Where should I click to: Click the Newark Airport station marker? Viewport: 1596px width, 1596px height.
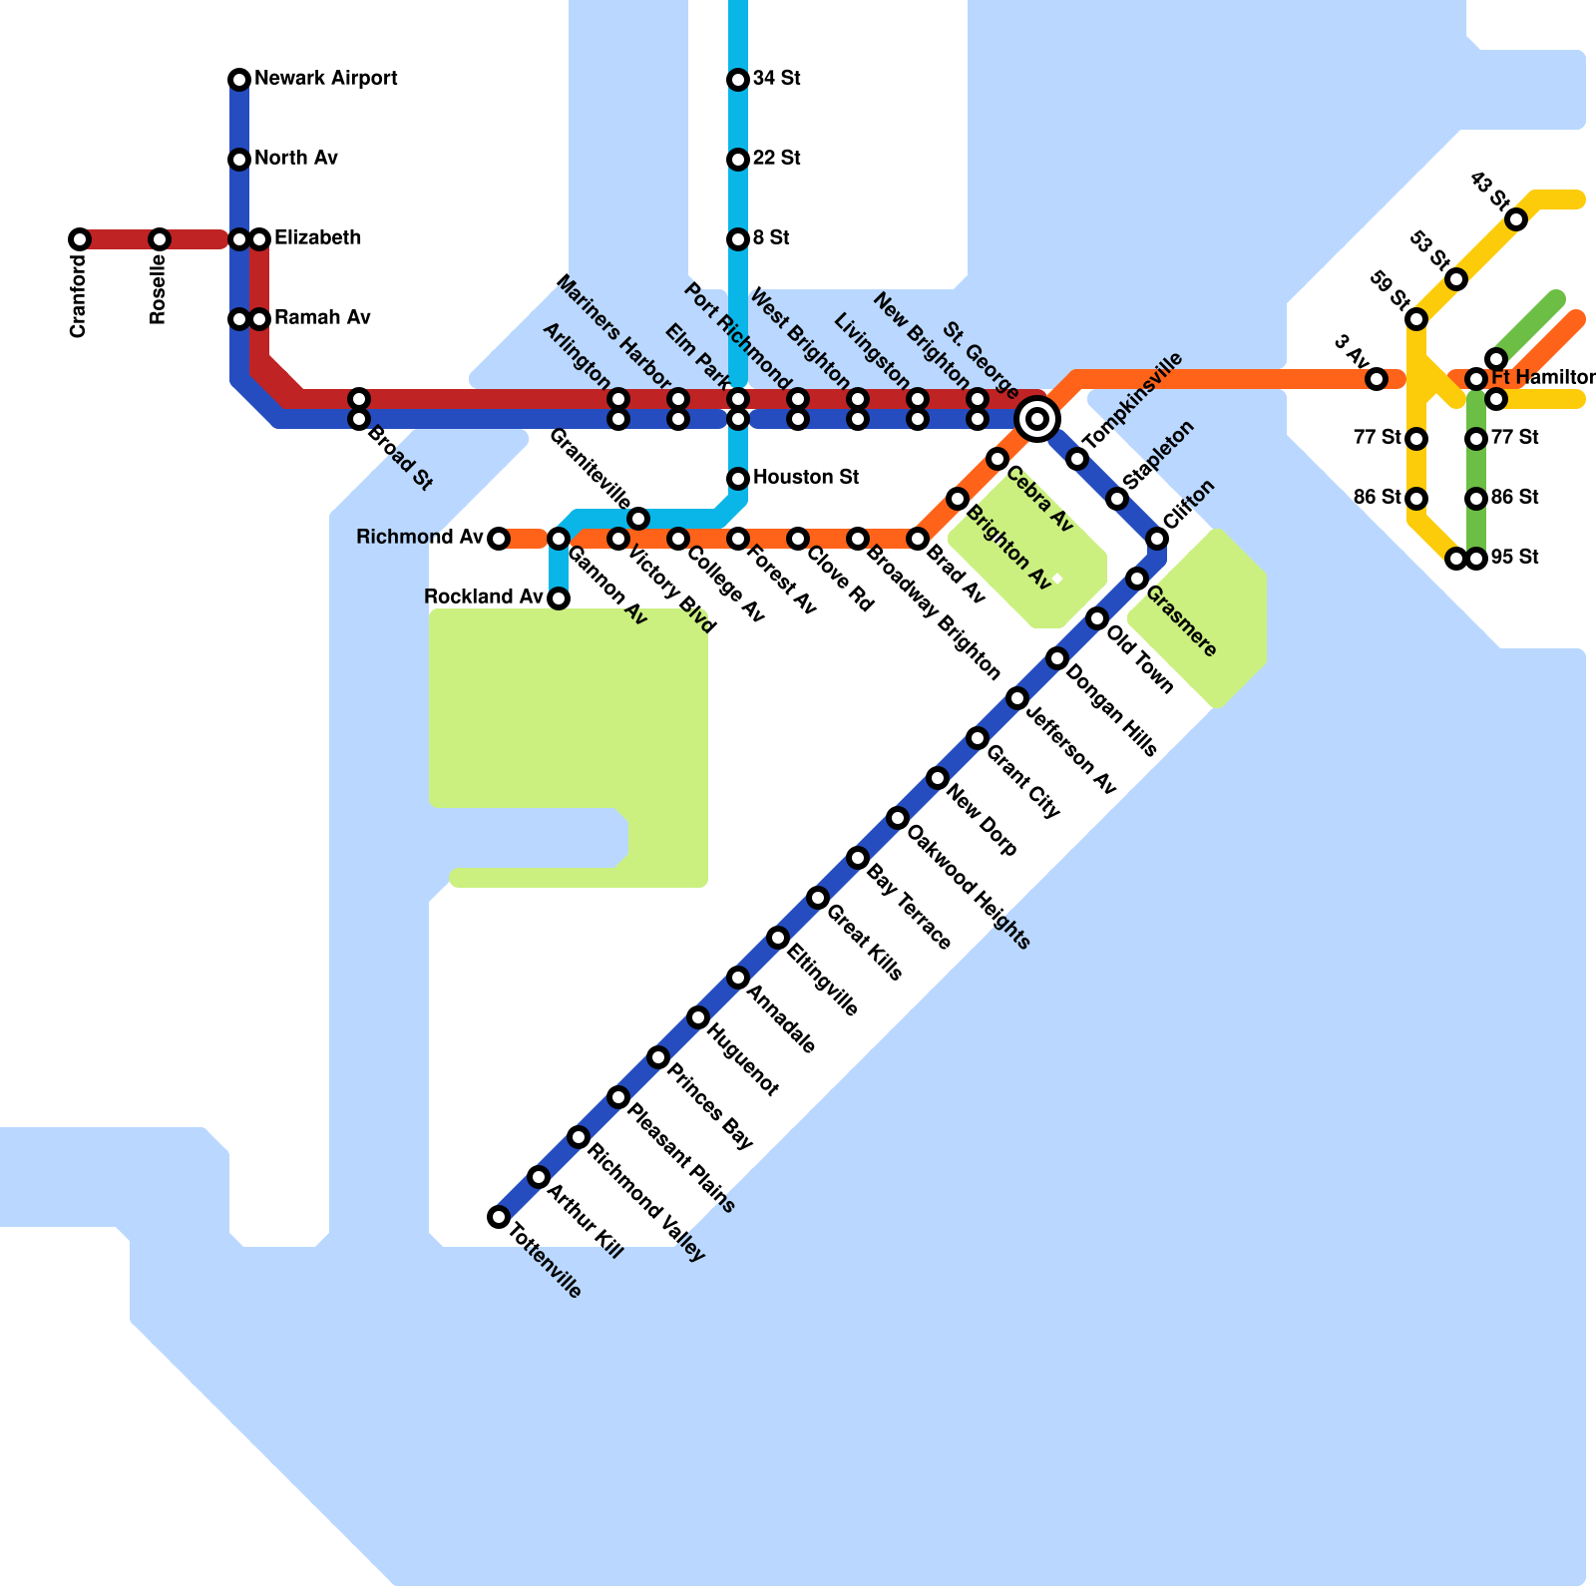tap(239, 80)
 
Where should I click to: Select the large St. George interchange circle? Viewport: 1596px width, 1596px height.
tap(1037, 419)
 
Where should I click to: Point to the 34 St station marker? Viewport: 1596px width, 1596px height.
tap(738, 80)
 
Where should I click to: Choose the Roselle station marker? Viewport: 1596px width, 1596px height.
tap(160, 239)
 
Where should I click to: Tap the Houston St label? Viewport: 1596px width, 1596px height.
tap(805, 478)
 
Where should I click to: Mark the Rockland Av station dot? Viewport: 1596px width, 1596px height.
tap(559, 598)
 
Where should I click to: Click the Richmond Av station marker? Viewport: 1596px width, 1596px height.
tap(499, 539)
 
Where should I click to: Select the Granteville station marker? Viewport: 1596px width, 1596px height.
tap(638, 519)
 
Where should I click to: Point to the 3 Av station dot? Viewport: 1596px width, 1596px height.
tap(1377, 379)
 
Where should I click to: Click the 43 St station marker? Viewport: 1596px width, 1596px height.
tap(1516, 219)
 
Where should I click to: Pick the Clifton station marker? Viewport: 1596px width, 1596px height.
tap(1157, 539)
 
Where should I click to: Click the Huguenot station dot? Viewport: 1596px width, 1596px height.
tap(698, 1017)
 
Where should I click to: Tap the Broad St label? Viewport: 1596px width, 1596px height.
tap(400, 458)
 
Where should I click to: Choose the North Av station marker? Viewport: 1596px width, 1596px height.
tap(239, 160)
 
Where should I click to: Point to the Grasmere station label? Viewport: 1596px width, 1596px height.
tap(1181, 621)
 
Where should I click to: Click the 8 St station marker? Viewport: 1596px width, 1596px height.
tap(738, 239)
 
